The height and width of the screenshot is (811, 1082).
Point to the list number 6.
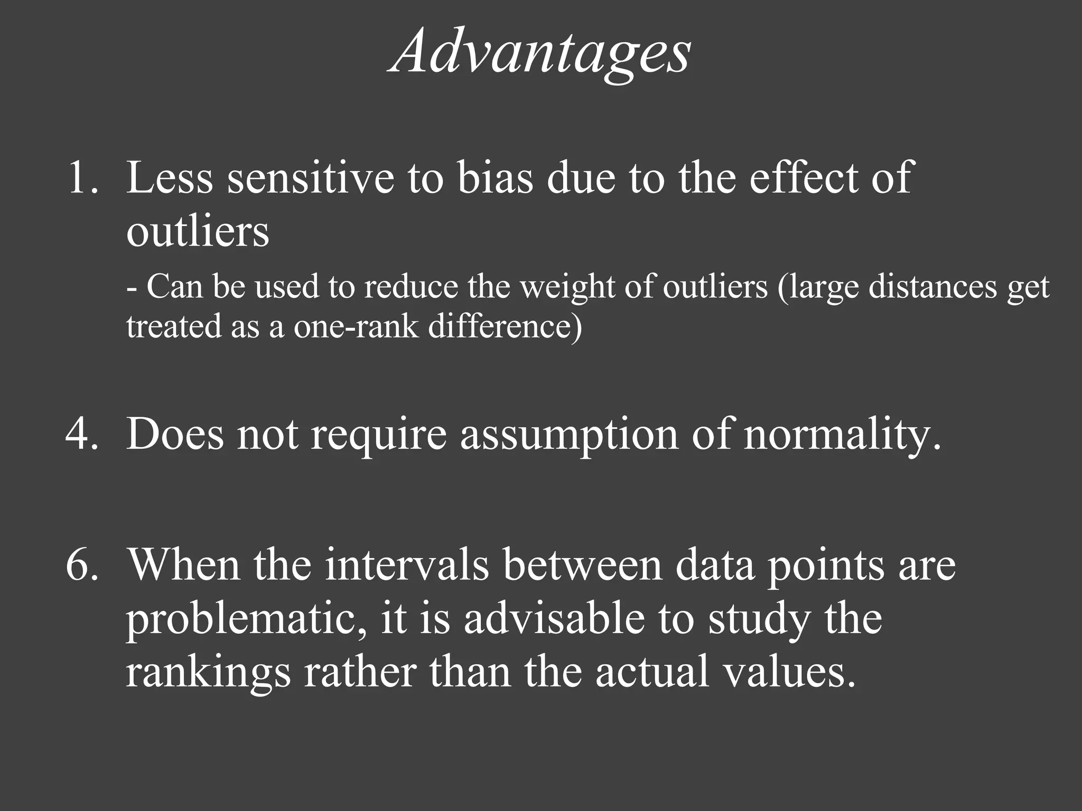(x=82, y=564)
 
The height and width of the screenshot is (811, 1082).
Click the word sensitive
(x=311, y=178)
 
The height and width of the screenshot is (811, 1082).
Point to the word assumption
(x=569, y=435)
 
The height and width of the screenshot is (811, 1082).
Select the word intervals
(x=407, y=564)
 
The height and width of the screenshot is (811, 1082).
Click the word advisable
(x=555, y=618)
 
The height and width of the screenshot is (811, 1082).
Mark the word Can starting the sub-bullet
(x=174, y=288)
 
